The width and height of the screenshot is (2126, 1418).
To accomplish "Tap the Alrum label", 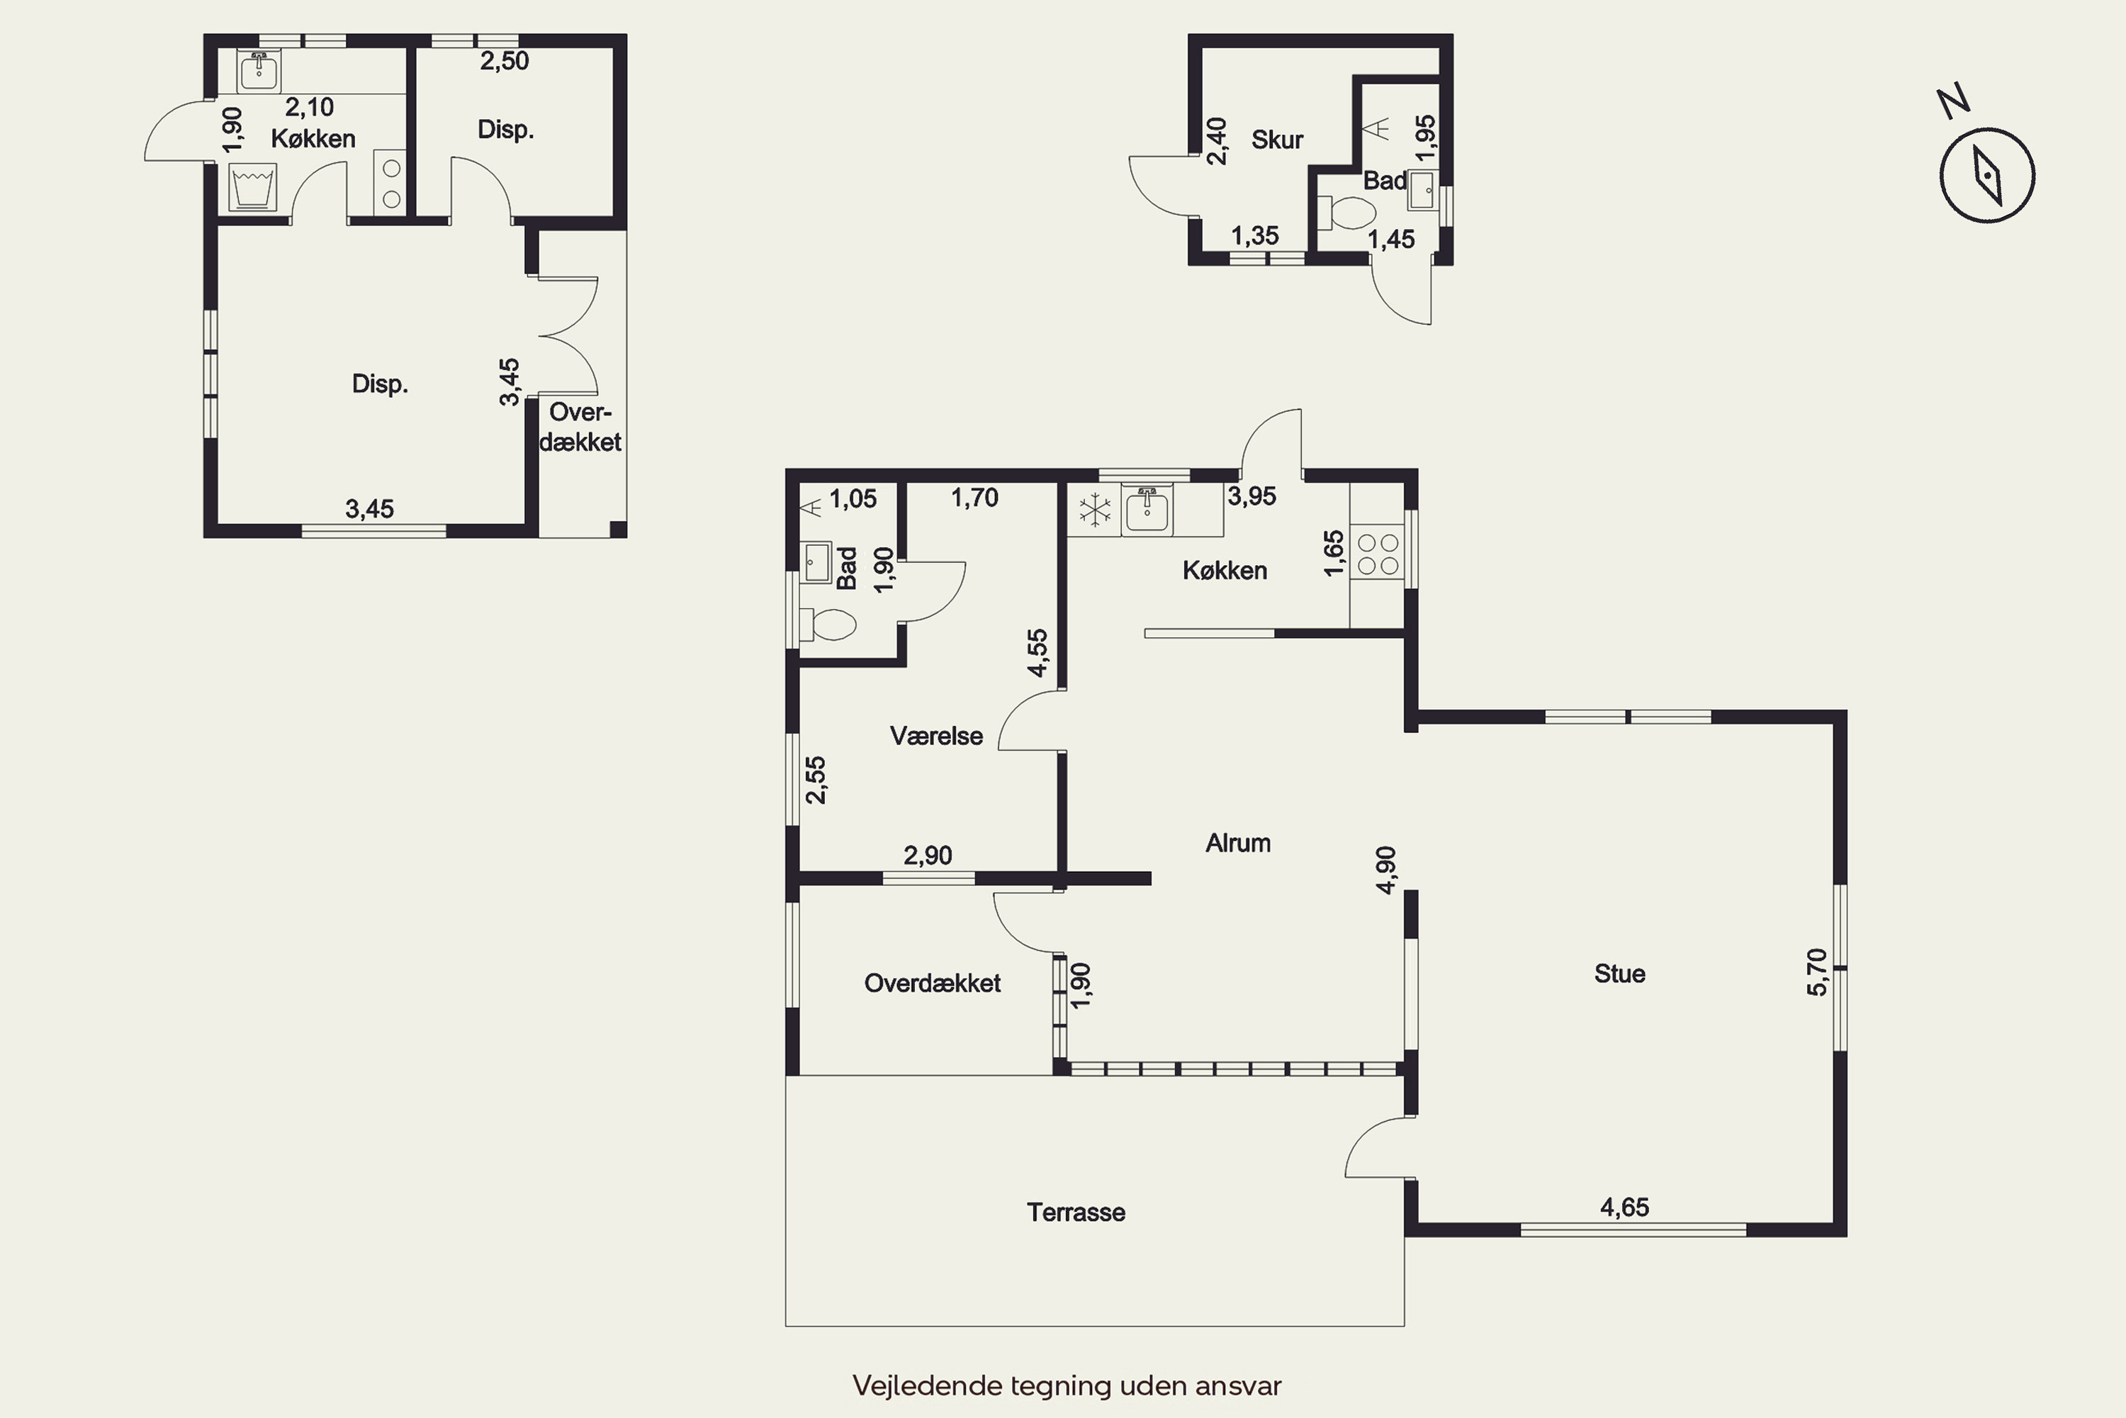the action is [1237, 843].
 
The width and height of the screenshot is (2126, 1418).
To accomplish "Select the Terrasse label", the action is [1076, 1212].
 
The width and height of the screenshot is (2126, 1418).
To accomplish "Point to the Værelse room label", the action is [935, 735].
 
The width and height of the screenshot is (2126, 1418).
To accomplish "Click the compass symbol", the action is [1987, 174].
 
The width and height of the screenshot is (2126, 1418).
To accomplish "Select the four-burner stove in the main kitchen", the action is [1378, 554].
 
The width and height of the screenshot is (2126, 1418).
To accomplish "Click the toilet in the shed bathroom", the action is [1347, 213].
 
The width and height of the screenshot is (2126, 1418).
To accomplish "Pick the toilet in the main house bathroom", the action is [828, 624].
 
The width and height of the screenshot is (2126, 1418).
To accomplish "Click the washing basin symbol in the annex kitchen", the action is [252, 188].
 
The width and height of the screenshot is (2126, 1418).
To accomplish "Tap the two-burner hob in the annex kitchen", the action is [390, 184].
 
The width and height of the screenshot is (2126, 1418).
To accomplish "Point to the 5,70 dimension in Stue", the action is [1817, 972].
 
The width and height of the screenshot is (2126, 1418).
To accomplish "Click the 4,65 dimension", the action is [1624, 1207].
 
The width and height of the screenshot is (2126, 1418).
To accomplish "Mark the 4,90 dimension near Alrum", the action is [1385, 870].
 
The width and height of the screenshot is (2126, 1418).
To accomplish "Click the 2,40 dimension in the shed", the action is [1217, 141].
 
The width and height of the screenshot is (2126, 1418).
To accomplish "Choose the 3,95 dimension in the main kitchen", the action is [1252, 496].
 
